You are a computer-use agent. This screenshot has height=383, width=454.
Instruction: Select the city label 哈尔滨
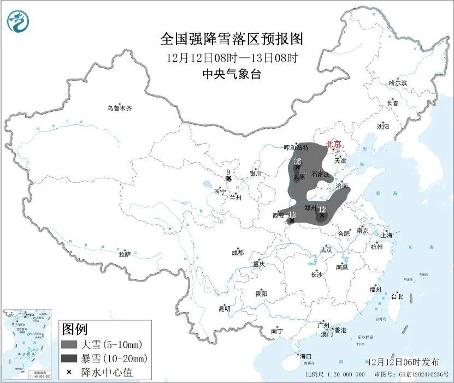click(x=398, y=83)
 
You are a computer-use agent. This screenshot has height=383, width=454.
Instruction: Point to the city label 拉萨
click(x=125, y=254)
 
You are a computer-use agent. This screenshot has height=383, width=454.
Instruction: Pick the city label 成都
click(x=237, y=253)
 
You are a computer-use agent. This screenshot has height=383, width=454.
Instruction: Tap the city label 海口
click(x=305, y=356)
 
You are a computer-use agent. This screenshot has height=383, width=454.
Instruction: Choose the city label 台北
click(x=397, y=297)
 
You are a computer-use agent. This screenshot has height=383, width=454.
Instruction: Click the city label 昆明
click(x=225, y=309)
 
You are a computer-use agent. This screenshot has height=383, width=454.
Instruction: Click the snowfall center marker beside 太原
click(x=297, y=168)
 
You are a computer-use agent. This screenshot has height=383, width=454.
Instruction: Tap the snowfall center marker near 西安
click(x=291, y=220)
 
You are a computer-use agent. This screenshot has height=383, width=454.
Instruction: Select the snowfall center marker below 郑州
click(x=322, y=216)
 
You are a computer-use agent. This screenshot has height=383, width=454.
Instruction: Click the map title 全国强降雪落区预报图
click(x=232, y=39)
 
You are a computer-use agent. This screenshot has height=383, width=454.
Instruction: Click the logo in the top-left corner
click(x=18, y=21)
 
